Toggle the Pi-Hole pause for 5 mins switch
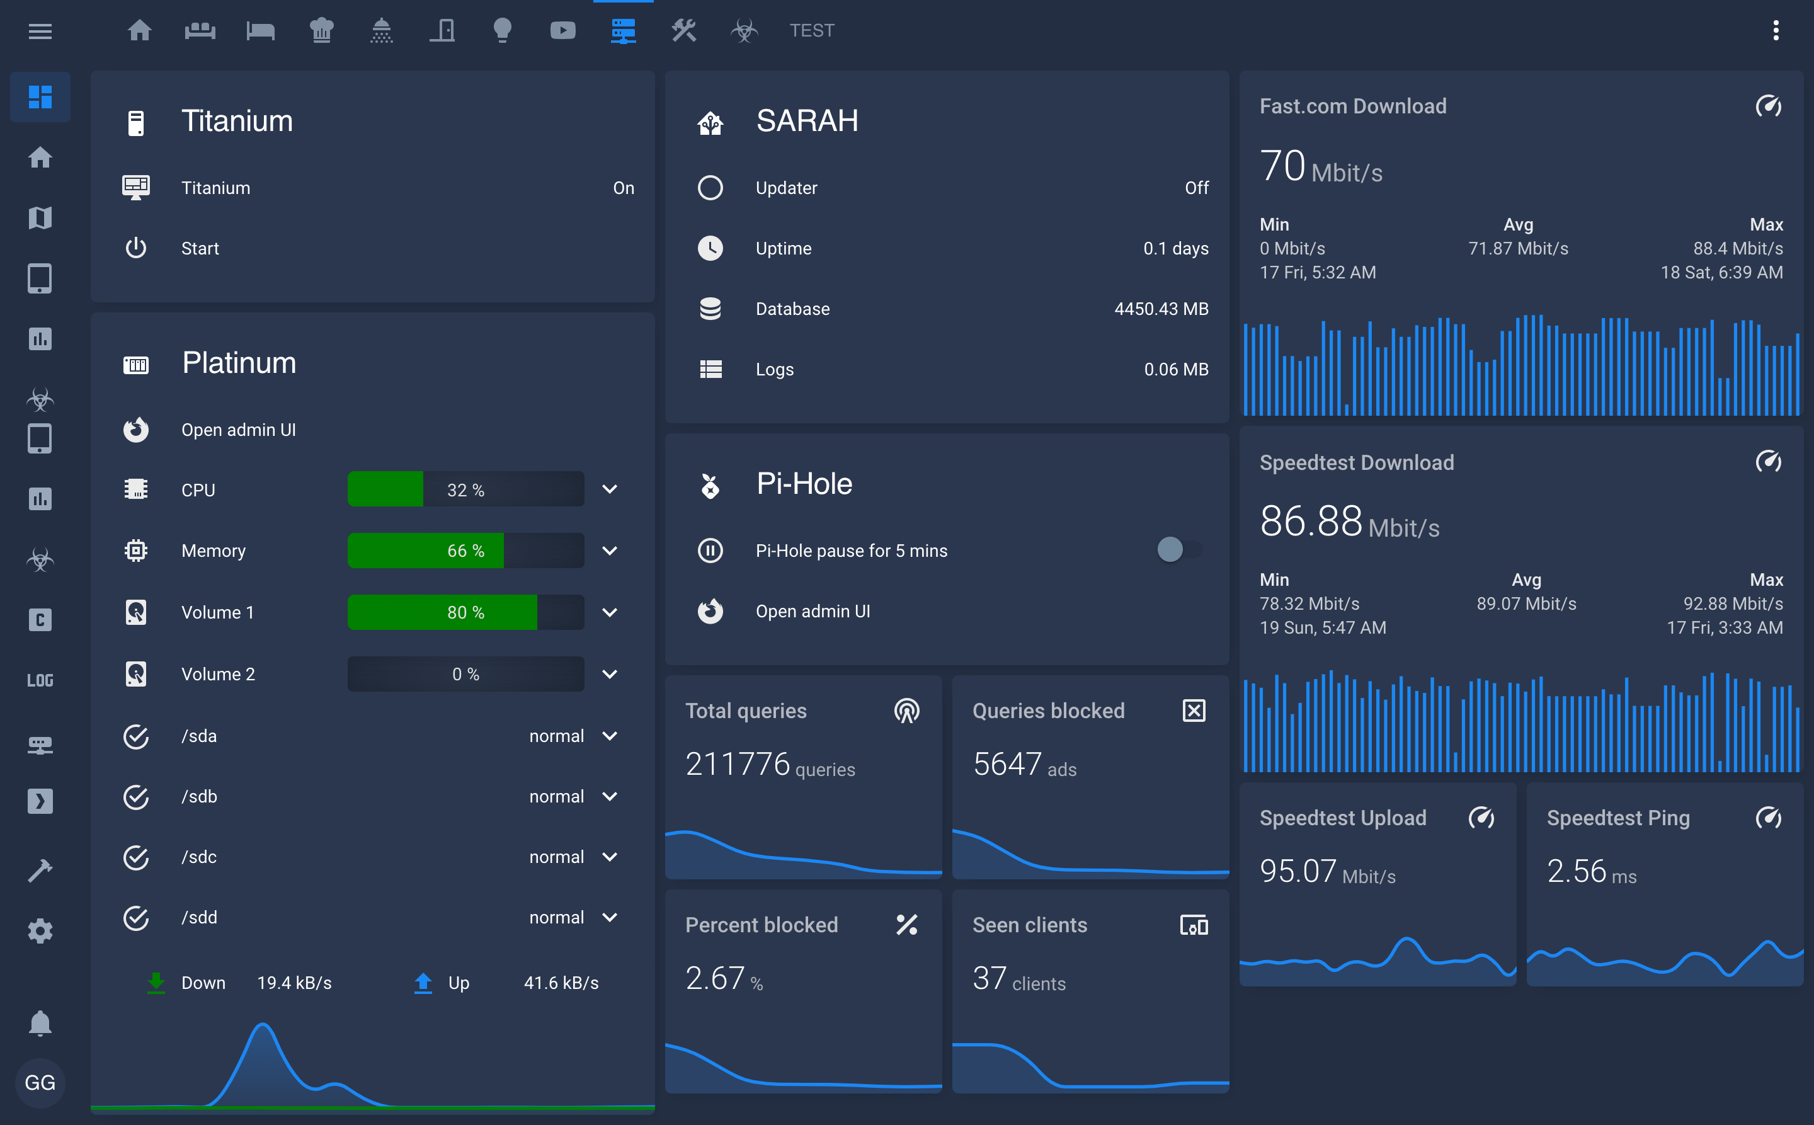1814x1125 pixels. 1178,550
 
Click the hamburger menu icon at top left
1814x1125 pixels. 40,31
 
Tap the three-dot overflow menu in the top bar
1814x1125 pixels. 1776,30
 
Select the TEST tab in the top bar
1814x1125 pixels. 811,30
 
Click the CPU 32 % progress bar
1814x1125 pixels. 465,489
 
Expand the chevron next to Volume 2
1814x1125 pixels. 609,674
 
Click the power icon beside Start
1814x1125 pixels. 135,248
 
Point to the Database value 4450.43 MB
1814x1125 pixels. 1160,309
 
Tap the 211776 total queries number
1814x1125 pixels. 736,764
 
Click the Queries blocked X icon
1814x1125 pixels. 1194,711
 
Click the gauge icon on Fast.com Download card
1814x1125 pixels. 1768,106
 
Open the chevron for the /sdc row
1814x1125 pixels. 609,857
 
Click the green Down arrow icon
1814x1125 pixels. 156,982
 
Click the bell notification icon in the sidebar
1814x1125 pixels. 40,1023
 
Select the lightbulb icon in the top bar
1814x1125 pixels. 502,30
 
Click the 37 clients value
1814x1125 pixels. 989,978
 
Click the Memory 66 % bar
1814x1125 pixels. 465,551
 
